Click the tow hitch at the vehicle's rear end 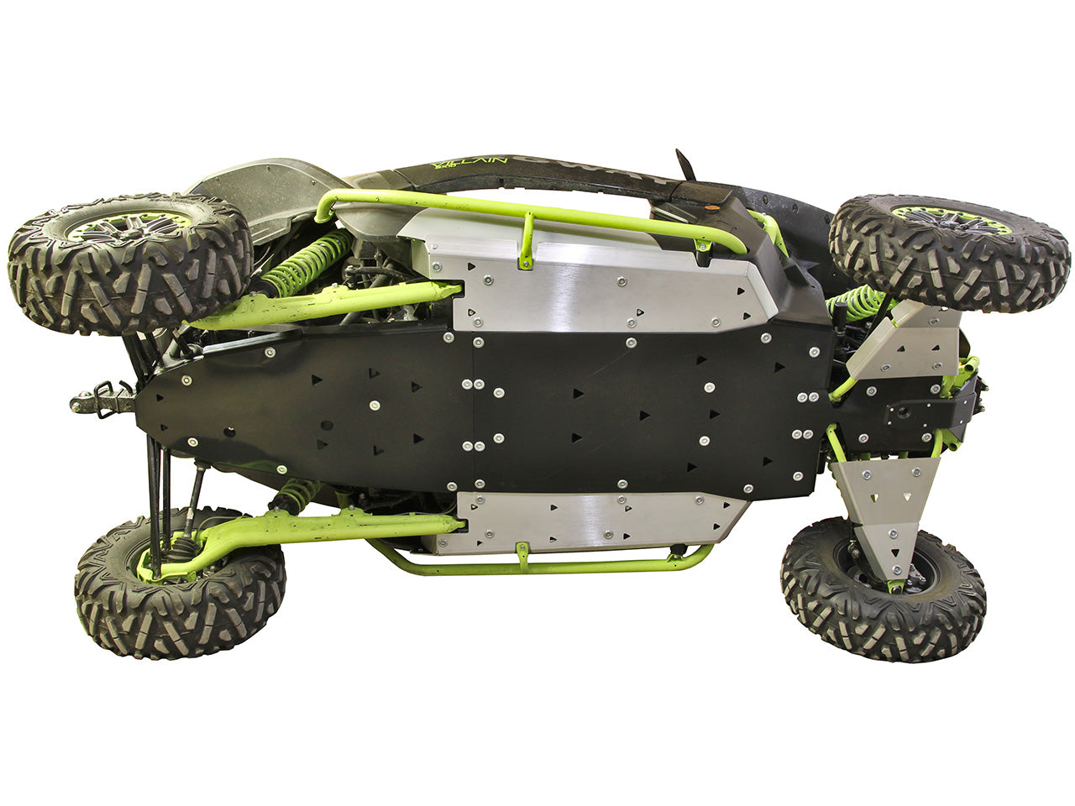click(x=100, y=398)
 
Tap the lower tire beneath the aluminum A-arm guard click(x=882, y=589)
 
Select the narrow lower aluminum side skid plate click(x=588, y=521)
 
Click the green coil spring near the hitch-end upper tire click(x=311, y=260)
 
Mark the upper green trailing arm click(x=328, y=306)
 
